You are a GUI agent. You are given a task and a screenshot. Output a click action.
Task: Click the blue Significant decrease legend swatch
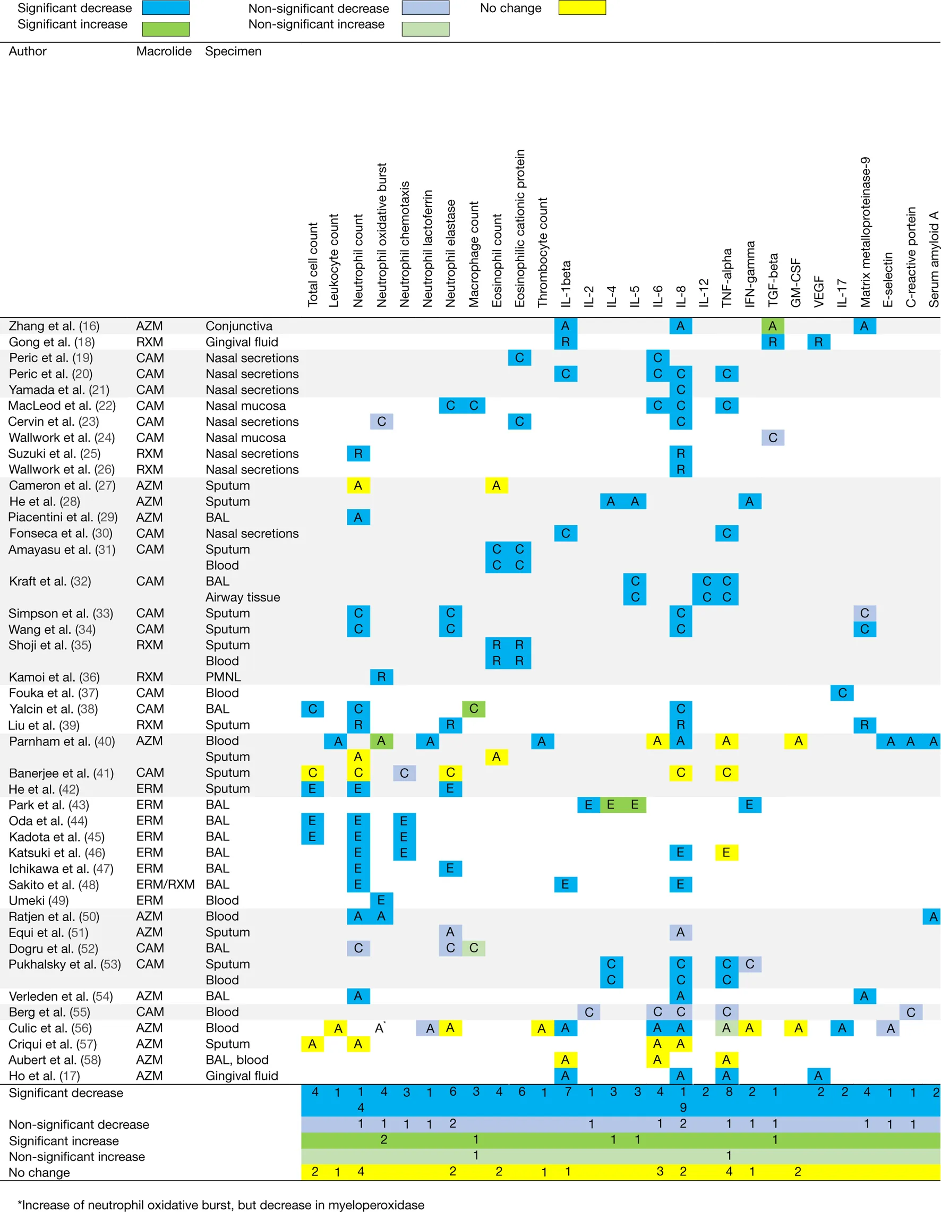click(166, 8)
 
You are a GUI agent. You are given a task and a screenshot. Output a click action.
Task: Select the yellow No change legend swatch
click(582, 8)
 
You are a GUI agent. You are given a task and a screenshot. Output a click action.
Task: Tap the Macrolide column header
click(164, 51)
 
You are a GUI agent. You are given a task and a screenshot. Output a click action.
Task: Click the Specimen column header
click(233, 51)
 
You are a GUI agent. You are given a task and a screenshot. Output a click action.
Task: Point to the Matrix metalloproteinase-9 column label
click(865, 232)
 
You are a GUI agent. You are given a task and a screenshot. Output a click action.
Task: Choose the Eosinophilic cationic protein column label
click(520, 228)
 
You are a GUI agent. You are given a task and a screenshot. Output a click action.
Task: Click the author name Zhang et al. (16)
click(54, 326)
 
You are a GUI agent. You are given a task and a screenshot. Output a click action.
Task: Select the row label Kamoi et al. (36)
click(54, 677)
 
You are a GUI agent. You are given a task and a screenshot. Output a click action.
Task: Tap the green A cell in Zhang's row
click(772, 326)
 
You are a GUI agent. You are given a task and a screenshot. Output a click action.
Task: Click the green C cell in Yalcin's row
click(474, 709)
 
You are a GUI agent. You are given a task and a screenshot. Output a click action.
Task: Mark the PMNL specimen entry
click(223, 677)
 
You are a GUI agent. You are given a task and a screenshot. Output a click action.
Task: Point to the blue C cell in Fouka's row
click(842, 693)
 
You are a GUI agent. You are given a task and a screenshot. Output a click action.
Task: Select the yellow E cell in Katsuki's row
click(726, 853)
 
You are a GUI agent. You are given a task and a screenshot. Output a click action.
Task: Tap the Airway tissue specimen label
click(243, 597)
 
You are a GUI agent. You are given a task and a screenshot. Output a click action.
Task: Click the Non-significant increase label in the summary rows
click(76, 1156)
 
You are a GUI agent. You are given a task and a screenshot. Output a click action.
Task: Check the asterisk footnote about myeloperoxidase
click(221, 1205)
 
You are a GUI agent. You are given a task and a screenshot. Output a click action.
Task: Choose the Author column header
click(28, 51)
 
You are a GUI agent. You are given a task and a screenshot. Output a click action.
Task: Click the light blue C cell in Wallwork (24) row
click(773, 438)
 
